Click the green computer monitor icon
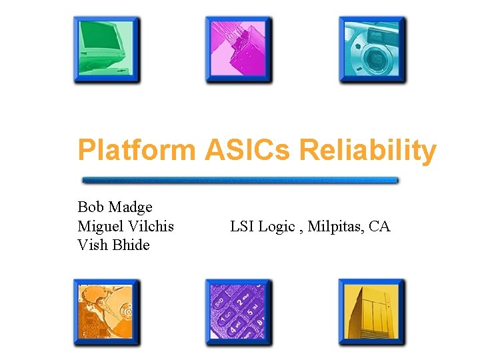pyautogui.click(x=107, y=50)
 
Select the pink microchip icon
pyautogui.click(x=239, y=50)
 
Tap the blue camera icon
pyautogui.click(x=372, y=50)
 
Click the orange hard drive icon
pyautogui.click(x=107, y=312)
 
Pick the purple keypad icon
pyautogui.click(x=239, y=312)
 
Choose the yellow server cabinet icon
pyautogui.click(x=371, y=312)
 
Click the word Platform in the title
pyautogui.click(x=136, y=151)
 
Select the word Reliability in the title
pyautogui.click(x=368, y=151)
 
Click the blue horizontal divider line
pyautogui.click(x=240, y=180)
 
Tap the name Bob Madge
pyautogui.click(x=115, y=207)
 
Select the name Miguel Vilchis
pyautogui.click(x=125, y=226)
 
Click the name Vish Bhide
pyautogui.click(x=113, y=245)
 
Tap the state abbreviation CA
pyautogui.click(x=379, y=226)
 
